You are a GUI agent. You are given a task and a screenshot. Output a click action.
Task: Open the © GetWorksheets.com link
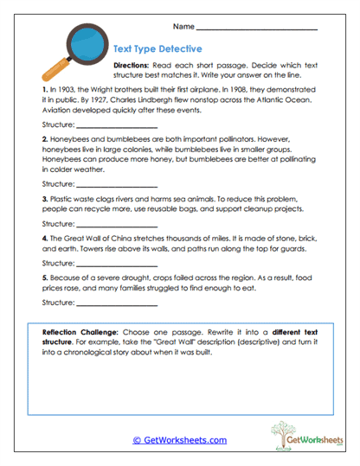point(179,440)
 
